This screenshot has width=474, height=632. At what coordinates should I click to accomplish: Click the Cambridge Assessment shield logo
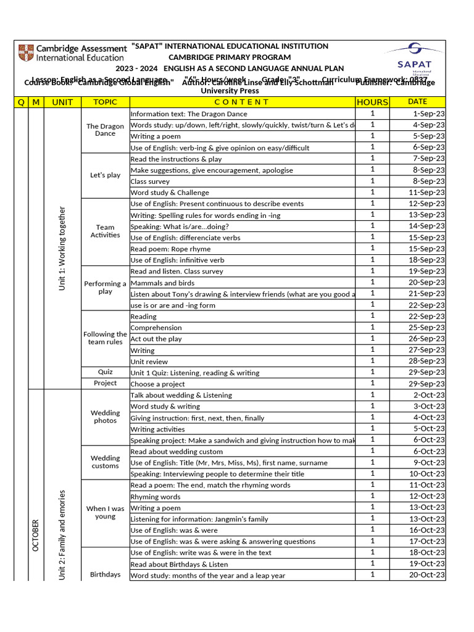27,53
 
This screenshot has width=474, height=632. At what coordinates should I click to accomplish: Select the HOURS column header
372,102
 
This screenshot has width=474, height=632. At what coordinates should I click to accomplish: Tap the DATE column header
417,102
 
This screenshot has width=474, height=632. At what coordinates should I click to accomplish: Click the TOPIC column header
105,102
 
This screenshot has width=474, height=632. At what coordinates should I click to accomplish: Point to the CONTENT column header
242,102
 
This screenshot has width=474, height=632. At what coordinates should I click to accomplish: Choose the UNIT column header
62,102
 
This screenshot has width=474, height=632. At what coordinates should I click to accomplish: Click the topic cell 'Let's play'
105,175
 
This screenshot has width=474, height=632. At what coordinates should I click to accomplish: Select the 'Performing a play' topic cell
105,288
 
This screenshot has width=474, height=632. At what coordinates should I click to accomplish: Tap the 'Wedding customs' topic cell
105,462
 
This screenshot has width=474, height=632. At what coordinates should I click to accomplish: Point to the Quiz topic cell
105,372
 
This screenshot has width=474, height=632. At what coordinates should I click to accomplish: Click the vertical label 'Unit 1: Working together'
62,249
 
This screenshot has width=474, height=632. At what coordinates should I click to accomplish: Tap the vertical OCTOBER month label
35,536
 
